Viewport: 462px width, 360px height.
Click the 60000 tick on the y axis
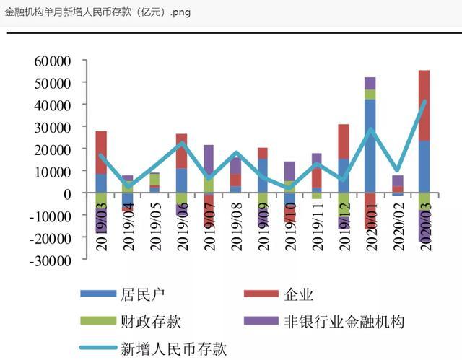(51, 61)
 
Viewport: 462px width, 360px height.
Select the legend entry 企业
(299, 294)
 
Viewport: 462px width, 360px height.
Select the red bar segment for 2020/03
(424, 105)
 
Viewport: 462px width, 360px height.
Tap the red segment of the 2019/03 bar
(101, 152)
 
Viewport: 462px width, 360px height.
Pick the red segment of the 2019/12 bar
(344, 141)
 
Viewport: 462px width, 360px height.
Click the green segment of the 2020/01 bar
(370, 94)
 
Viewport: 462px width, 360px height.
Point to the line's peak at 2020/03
(424, 101)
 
